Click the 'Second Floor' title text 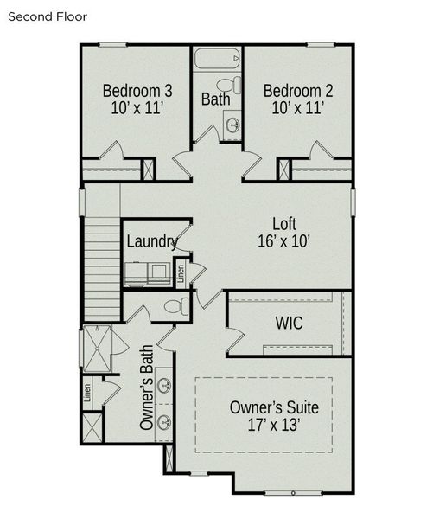coord(48,16)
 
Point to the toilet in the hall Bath coord(226,85)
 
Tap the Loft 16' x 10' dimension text coord(284,241)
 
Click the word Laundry coord(152,241)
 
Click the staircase coord(102,268)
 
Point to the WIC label coord(288,324)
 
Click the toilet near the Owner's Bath coord(175,306)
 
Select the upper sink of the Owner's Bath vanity coord(163,385)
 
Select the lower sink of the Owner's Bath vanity coord(163,423)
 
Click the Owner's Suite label coord(275,407)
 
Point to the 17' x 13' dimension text coord(275,426)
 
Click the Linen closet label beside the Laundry coord(181,272)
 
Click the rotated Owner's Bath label coord(146,399)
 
